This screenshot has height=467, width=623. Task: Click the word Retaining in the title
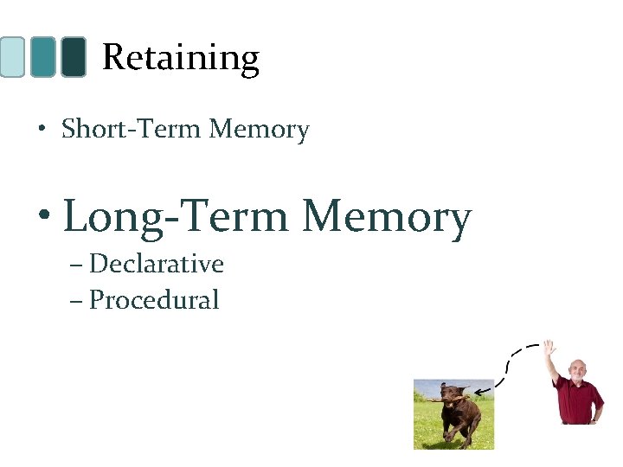point(180,58)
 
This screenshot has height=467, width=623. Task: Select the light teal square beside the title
point(12,57)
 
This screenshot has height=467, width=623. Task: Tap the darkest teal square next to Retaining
point(74,57)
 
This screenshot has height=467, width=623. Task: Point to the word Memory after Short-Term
point(259,130)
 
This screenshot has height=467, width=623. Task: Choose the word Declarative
point(157,264)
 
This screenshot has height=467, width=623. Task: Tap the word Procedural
point(154,300)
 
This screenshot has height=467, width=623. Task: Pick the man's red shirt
point(578,400)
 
